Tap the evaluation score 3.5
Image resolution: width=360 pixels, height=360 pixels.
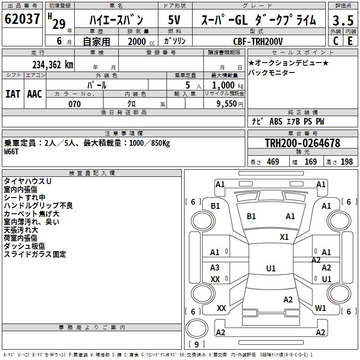coord(342,20)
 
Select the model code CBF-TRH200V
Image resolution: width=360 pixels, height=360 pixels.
coord(258,41)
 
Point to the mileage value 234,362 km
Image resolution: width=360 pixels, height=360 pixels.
coord(53,65)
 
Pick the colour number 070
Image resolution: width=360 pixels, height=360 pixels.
coord(74,104)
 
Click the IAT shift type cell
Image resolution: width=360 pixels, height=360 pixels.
coord(13,94)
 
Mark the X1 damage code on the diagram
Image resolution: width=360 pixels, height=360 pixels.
coord(284,237)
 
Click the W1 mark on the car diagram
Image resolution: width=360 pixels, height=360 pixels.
coord(320,308)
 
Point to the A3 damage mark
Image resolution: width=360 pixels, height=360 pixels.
coord(215,268)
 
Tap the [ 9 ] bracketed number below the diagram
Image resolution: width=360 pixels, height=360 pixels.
coord(197,345)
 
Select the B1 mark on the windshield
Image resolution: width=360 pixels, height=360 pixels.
coord(251,216)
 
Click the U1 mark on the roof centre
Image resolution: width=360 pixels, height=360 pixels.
coord(271,269)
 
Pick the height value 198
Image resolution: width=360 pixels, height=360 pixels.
coord(346,162)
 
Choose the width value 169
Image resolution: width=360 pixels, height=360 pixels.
coord(310,162)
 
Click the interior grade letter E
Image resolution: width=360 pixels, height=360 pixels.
coord(350,41)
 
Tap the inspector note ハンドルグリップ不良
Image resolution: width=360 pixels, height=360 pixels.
coord(38,206)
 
